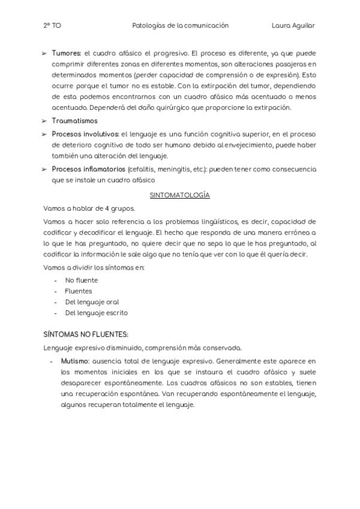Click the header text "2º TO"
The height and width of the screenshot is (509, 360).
[x=52, y=26]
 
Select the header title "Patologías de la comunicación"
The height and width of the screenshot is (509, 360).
[x=180, y=26]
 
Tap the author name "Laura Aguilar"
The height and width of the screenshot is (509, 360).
[x=293, y=26]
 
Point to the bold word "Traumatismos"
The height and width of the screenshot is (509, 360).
[x=74, y=121]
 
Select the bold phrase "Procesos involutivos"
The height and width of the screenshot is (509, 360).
[x=86, y=134]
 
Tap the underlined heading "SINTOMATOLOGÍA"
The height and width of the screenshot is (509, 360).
[x=179, y=196]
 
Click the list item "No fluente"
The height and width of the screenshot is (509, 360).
[x=82, y=280]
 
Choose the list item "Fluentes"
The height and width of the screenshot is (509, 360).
[x=79, y=291]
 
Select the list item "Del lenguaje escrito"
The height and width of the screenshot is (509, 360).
[x=96, y=313]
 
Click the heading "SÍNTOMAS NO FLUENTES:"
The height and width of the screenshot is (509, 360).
[x=86, y=333]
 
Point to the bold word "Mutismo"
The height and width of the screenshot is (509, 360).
[x=75, y=362]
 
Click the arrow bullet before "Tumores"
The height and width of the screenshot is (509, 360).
[x=45, y=53]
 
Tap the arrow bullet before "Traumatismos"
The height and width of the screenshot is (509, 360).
[x=45, y=121]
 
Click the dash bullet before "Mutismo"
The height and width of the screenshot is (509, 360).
[x=53, y=362]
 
